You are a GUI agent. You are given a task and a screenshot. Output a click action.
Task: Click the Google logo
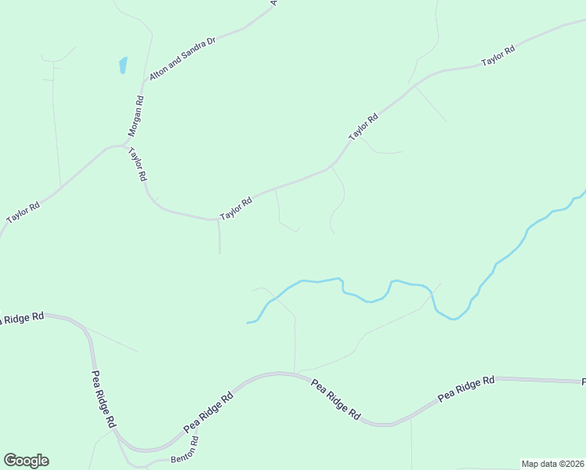coord(26,461)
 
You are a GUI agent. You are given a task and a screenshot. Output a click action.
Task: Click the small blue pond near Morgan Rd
coord(123,65)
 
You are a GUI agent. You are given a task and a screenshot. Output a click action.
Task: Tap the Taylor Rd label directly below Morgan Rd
coord(136,165)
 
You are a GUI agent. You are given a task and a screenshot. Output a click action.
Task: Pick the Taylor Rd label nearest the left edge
coord(23,213)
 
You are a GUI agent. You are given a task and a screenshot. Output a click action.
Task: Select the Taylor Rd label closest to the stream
coord(236,208)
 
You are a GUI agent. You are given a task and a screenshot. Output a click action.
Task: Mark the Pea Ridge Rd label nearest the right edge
coord(467,389)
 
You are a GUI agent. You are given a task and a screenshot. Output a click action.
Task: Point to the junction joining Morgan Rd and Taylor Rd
coord(125,145)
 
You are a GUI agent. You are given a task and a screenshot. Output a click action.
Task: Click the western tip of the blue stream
coord(248,322)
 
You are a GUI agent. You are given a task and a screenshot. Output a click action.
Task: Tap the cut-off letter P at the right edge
coord(583,382)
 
